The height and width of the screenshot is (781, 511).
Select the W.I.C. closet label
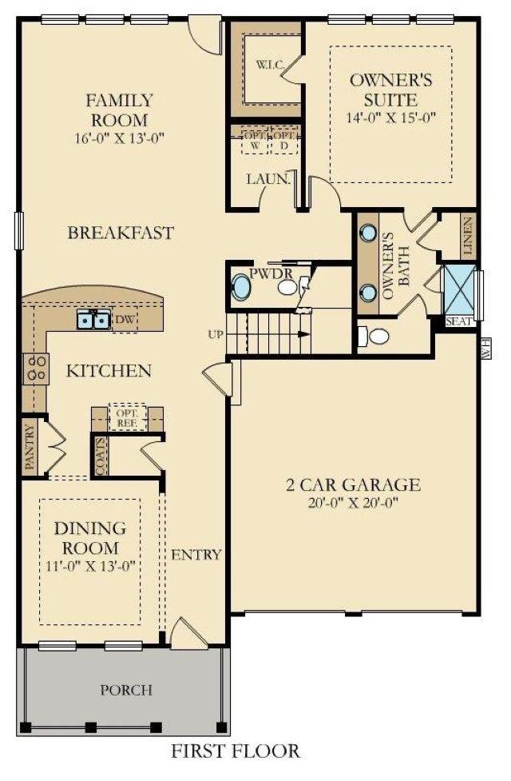click(x=267, y=64)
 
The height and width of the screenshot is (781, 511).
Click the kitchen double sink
click(x=93, y=321)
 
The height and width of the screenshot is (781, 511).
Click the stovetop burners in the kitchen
click(x=37, y=367)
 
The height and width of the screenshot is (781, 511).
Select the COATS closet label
click(x=101, y=456)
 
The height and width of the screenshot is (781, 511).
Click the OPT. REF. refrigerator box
click(x=127, y=416)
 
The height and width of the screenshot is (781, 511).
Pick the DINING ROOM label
click(x=89, y=538)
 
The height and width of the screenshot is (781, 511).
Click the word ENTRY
click(x=196, y=555)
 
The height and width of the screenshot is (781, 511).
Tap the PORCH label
click(x=125, y=689)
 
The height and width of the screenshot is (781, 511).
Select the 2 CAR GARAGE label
click(x=353, y=484)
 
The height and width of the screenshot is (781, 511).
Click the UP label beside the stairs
click(x=216, y=334)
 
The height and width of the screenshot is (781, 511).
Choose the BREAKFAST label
click(x=120, y=233)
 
